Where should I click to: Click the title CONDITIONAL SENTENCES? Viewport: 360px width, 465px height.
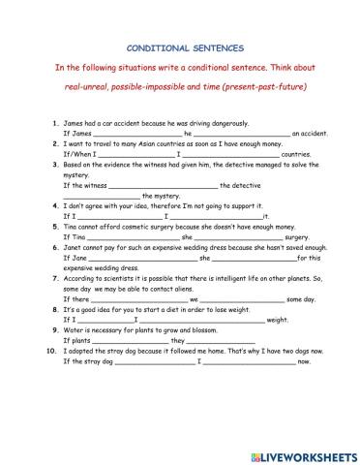coord(180,46)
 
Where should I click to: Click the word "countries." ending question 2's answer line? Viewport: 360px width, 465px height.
coord(296,155)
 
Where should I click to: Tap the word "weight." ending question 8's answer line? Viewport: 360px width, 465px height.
coord(278,320)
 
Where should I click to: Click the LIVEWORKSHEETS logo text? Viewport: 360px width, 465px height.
coord(307,454)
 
